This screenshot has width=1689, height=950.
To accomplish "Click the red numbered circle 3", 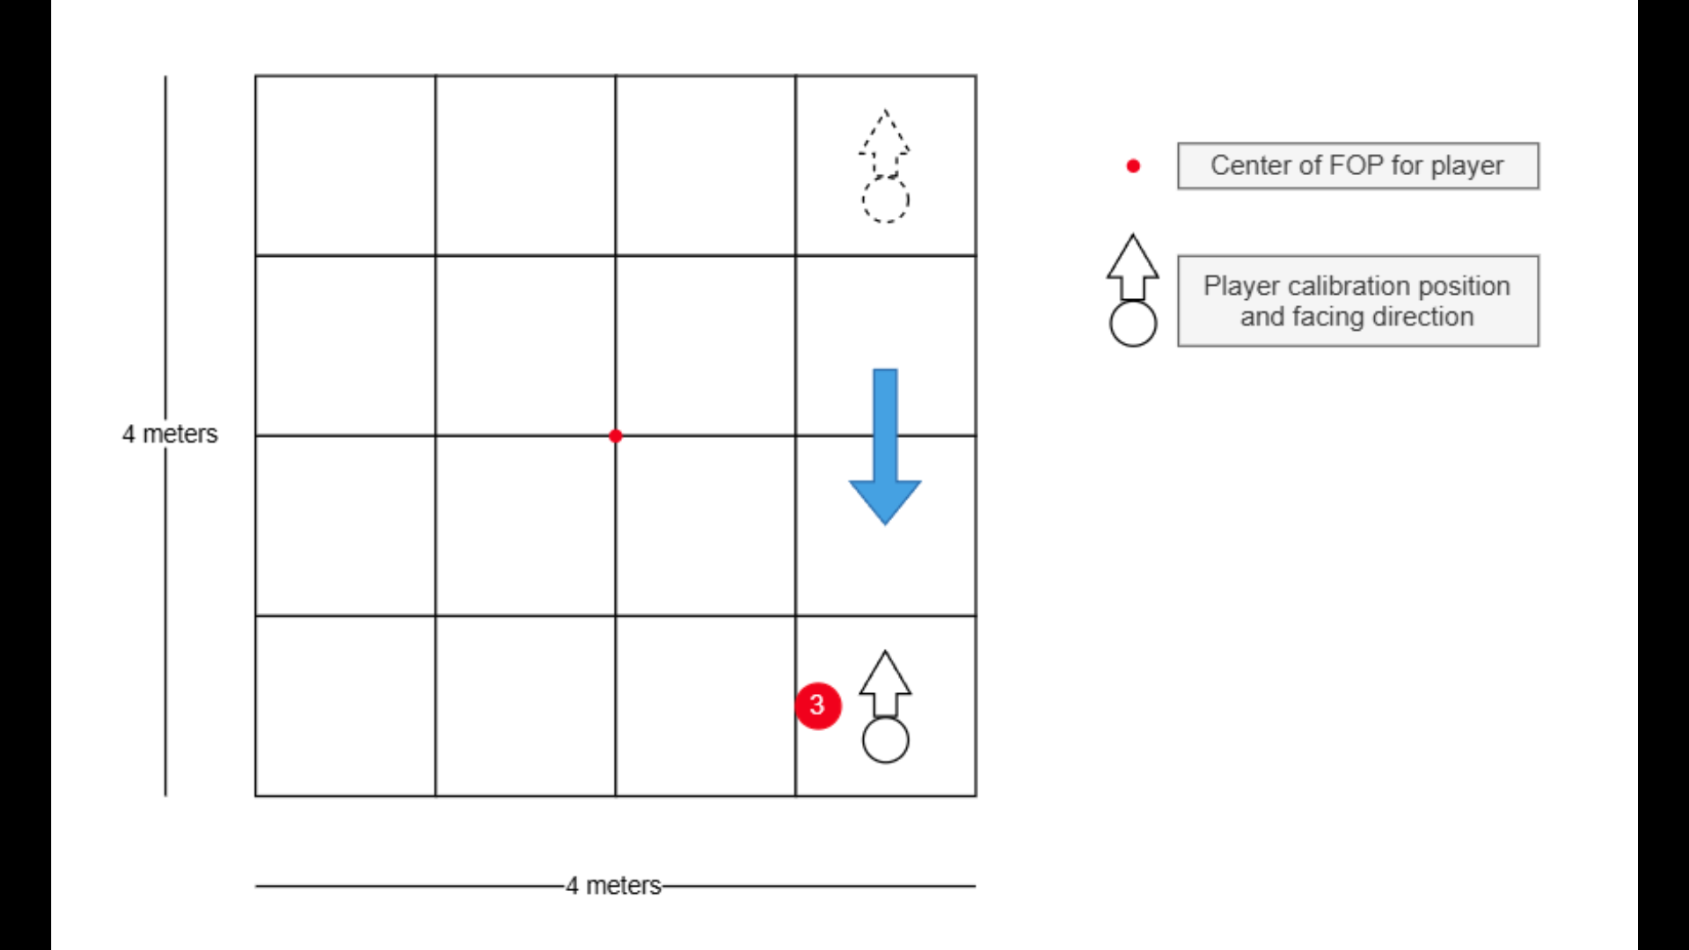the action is pos(817,705).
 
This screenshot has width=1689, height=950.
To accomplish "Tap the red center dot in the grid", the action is pos(616,435).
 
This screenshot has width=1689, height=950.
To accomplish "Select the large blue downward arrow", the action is pos(885,440).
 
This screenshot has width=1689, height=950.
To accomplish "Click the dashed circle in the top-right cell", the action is pos(885,200).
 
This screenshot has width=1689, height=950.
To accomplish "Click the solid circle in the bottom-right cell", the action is pos(885,740).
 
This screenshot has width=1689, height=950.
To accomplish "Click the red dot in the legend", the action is pos(1133,165).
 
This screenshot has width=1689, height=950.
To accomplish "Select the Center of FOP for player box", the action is pos(1357,165).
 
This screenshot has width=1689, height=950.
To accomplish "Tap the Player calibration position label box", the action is pos(1357,301).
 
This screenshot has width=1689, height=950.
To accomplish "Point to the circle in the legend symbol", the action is pos(1133,324).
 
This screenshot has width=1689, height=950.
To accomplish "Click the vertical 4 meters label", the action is pos(170,434).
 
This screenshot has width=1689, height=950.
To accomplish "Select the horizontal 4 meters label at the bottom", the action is pos(613,885).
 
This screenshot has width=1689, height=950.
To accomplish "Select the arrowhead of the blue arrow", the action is pos(885,501).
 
